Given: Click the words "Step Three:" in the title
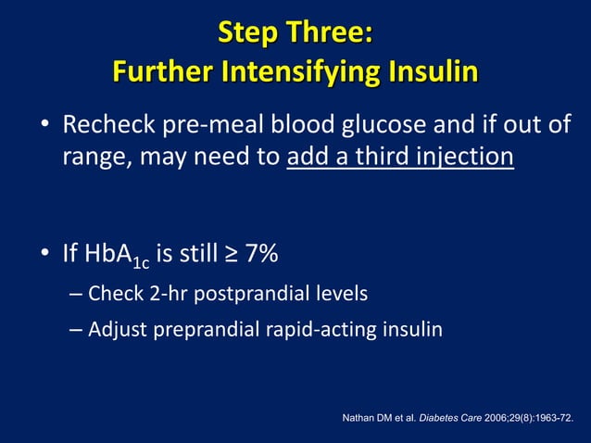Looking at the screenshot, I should [x=295, y=34].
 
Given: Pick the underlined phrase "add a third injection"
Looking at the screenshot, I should [x=400, y=158].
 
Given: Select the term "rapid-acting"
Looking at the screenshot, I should [x=316, y=328].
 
